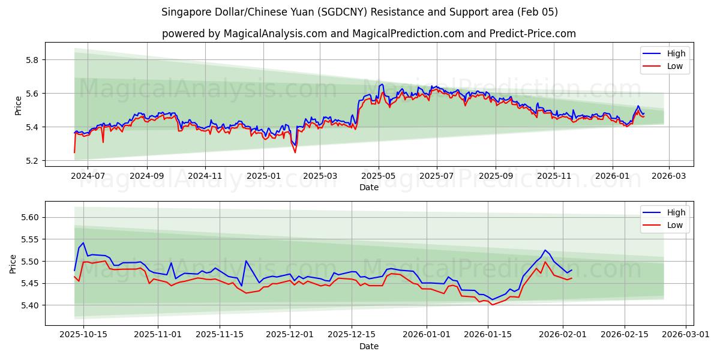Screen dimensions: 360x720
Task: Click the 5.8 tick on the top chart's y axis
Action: tap(31, 60)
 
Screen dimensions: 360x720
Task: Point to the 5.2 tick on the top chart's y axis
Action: tap(31, 161)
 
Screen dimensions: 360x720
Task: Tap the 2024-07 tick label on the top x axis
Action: tap(88, 176)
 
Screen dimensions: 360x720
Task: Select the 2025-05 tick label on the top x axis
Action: tap(379, 176)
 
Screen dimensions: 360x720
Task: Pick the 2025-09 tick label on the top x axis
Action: tap(496, 176)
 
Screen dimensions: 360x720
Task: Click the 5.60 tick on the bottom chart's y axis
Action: tap(29, 217)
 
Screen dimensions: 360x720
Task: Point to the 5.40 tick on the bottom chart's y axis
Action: tap(29, 305)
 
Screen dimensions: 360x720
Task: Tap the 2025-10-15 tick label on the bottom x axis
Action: tap(83, 335)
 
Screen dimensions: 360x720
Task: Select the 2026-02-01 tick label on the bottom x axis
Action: tap(562, 335)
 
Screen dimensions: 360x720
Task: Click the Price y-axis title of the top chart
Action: tap(18, 106)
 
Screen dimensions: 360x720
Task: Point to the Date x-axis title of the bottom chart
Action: tap(369, 346)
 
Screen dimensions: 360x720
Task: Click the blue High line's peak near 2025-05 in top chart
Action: tap(381, 84)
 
